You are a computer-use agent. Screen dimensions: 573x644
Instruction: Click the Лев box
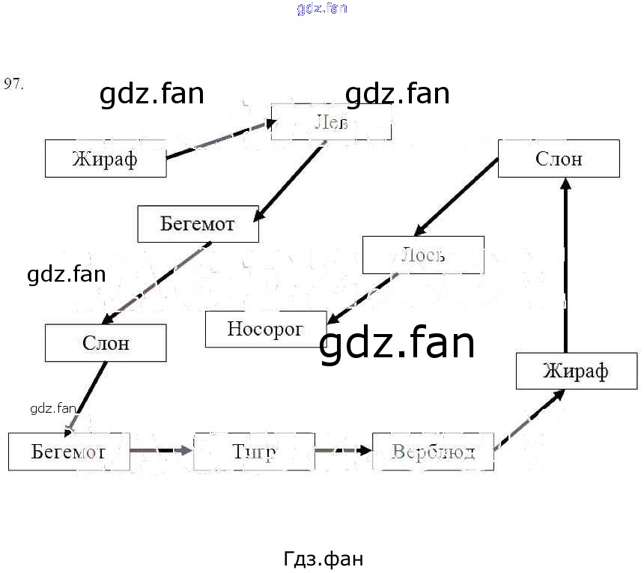[331, 122]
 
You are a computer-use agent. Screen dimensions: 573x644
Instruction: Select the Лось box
[423, 255]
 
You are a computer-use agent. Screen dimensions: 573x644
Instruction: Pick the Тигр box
[254, 452]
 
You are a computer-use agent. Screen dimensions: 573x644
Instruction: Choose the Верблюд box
[433, 452]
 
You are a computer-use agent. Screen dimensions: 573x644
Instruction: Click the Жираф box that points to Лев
[106, 159]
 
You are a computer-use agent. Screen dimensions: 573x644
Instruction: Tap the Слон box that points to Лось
[559, 159]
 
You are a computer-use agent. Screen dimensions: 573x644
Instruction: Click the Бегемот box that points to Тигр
[69, 452]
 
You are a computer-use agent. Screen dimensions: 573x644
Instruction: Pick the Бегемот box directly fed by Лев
[198, 224]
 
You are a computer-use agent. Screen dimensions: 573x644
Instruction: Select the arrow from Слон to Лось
[457, 196]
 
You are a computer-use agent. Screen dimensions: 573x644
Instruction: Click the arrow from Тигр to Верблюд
[343, 451]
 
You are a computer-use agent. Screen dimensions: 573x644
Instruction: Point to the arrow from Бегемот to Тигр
[162, 451]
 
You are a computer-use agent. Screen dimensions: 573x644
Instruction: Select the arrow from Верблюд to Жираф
[529, 421]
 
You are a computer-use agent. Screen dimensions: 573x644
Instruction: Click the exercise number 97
[14, 83]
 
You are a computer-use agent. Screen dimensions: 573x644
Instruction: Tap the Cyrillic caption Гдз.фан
[323, 559]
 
